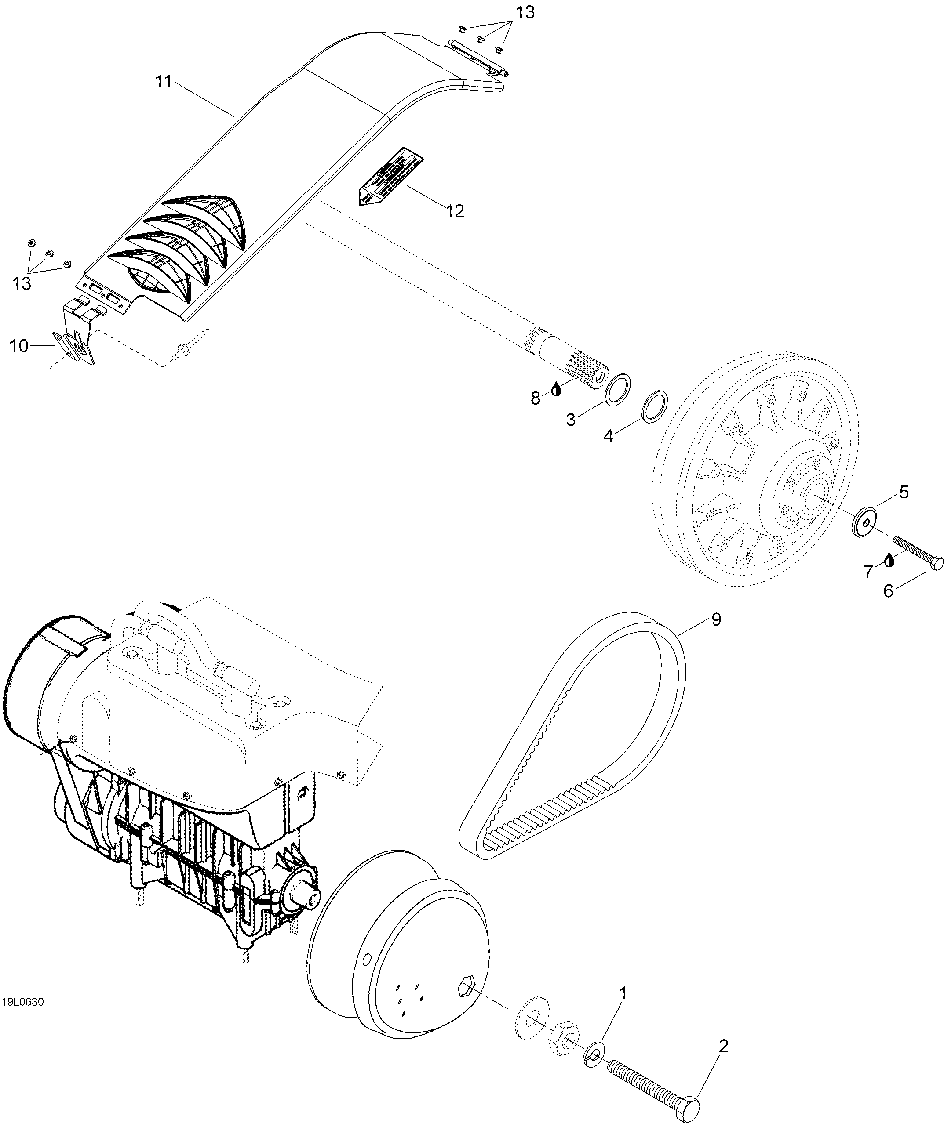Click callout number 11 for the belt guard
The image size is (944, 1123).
tap(163, 82)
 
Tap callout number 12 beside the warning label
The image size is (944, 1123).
tap(455, 211)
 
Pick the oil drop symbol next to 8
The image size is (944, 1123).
tap(557, 389)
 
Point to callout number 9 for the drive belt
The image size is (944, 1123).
tap(716, 620)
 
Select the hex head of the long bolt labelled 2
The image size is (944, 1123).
tap(692, 1104)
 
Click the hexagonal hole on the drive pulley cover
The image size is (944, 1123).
tap(467, 985)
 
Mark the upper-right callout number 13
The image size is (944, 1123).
tap(525, 12)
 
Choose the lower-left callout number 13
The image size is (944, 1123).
tap(22, 283)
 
